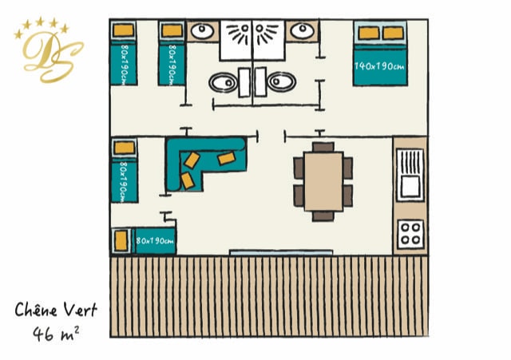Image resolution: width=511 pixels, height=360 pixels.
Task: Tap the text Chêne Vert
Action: click(56, 310)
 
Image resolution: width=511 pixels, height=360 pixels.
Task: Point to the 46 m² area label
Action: click(56, 334)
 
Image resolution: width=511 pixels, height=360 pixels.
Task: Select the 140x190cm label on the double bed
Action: click(380, 66)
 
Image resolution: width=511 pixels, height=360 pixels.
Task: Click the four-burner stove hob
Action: click(410, 234)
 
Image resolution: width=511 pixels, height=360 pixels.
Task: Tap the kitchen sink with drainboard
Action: click(410, 175)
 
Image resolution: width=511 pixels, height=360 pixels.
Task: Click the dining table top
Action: click(323, 181)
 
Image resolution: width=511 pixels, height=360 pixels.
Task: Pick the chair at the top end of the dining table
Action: click(323, 147)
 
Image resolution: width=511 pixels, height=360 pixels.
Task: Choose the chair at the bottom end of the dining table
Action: click(323, 216)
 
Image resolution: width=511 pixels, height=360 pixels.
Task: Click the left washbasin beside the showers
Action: click(202, 31)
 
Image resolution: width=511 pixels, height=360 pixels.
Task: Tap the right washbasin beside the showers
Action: click(302, 30)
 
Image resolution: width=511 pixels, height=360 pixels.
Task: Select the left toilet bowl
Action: click(224, 82)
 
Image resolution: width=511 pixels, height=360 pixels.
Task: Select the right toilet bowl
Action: click(282, 81)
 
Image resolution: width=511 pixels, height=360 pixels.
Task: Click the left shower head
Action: click(244, 29)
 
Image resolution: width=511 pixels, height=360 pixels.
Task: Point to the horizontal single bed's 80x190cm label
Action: click(155, 241)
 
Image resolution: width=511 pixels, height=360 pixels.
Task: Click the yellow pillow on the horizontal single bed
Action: click(121, 241)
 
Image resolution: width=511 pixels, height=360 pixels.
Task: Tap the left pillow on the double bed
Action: click(369, 33)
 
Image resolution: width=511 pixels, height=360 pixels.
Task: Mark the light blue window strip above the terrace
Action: click(281, 252)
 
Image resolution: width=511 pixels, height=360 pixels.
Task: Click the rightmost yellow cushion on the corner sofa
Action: click(227, 158)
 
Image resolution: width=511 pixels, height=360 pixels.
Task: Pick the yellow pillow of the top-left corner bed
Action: click(124, 30)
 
